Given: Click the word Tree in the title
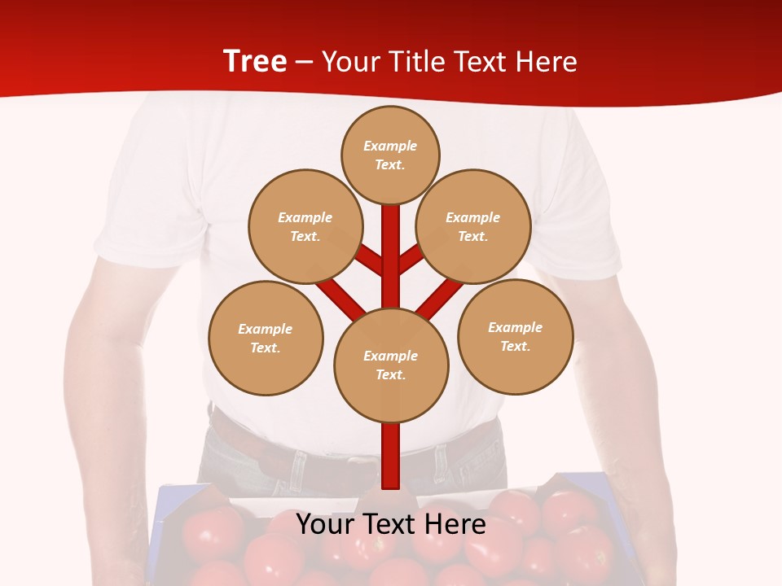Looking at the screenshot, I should click(x=255, y=62).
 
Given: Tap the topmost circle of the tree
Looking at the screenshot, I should click(x=390, y=155).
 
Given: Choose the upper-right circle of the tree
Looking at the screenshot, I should click(x=473, y=226).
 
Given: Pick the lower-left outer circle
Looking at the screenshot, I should click(x=266, y=338).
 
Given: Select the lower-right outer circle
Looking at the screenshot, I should click(x=516, y=336).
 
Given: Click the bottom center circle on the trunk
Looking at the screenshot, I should click(x=391, y=365).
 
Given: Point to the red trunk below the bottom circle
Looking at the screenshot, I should click(x=391, y=456).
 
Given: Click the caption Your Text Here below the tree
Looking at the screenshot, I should click(x=391, y=524).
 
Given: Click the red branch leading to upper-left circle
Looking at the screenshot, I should click(x=369, y=260).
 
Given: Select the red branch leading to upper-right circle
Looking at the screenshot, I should click(x=411, y=259).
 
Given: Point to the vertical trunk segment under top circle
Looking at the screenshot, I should click(x=391, y=244).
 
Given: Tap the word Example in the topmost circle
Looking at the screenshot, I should click(x=390, y=146).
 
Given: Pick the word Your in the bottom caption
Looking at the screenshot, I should click(x=326, y=524).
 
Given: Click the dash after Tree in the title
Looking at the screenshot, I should click(x=304, y=62).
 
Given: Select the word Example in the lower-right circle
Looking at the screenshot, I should click(x=515, y=327).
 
